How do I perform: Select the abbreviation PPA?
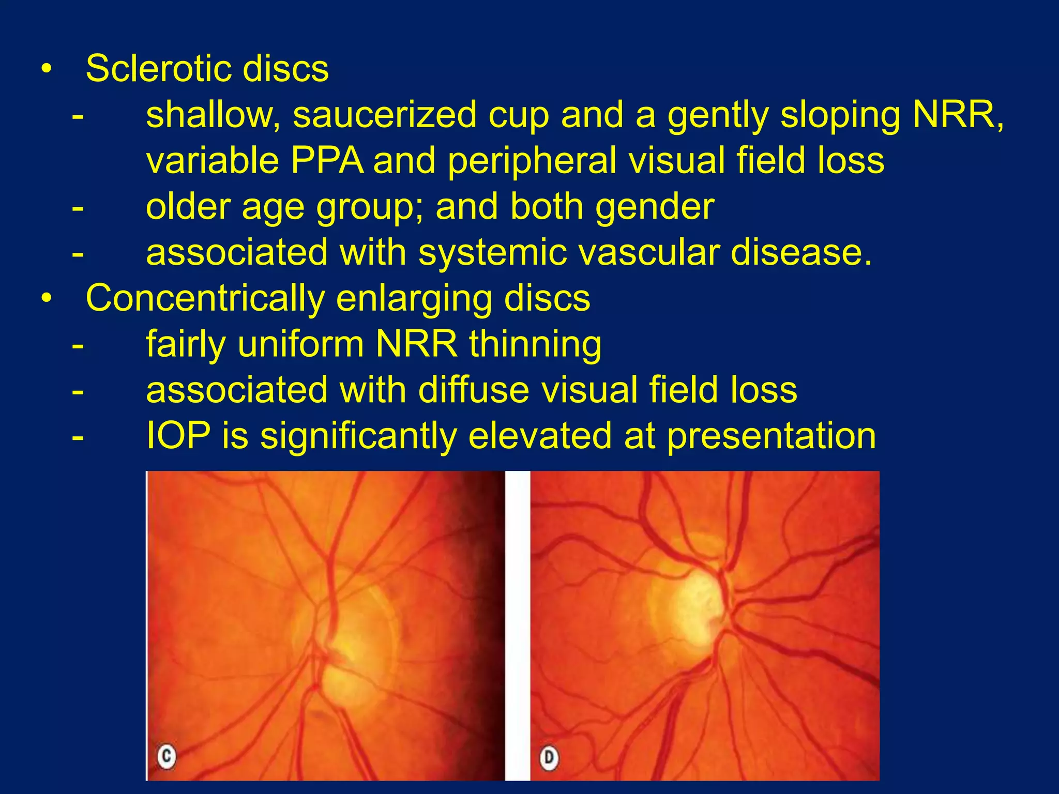pos(327,161)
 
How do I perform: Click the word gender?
pos(655,207)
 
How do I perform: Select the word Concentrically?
pos(204,298)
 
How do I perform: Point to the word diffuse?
pos(474,390)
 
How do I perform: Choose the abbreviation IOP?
pos(178,436)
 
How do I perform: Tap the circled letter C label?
pos(167,757)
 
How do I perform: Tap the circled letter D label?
pos(549,758)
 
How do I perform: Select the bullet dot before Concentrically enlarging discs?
pos(47,299)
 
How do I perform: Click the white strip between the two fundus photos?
pos(517,625)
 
